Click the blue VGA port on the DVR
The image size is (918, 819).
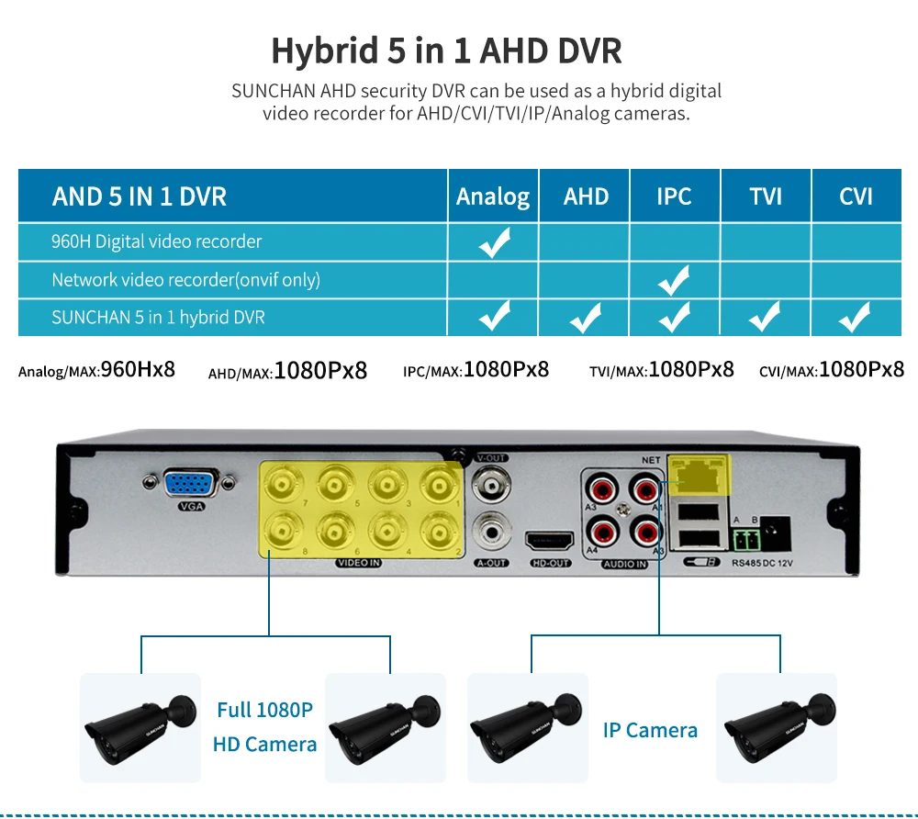tap(192, 485)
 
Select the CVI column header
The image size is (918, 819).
tap(856, 196)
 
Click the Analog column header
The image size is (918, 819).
tap(493, 196)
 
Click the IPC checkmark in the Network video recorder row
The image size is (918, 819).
tap(675, 280)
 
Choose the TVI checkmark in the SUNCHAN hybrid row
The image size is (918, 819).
tap(765, 318)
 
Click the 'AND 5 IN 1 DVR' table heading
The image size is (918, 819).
tap(140, 196)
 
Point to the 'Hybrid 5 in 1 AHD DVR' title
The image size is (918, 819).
tap(447, 50)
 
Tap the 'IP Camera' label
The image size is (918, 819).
tap(650, 731)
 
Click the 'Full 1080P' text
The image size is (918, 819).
tap(264, 710)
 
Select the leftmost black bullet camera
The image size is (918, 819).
tap(140, 725)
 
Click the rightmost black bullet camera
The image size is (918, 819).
tap(776, 725)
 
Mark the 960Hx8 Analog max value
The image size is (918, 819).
tap(138, 370)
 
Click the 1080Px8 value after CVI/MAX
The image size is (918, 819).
tap(861, 369)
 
